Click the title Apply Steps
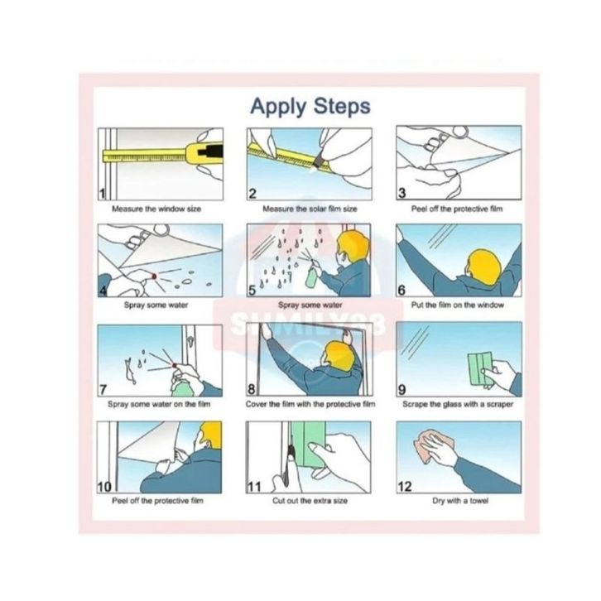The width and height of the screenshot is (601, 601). pyautogui.click(x=310, y=107)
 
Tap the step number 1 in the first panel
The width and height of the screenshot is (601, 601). pyautogui.click(x=102, y=194)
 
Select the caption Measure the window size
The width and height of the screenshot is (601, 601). pyautogui.click(x=156, y=209)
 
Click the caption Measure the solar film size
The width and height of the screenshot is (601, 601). pyautogui.click(x=310, y=209)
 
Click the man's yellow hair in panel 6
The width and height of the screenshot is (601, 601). pyautogui.click(x=486, y=267)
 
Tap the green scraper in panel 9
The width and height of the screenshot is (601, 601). pyautogui.click(x=481, y=368)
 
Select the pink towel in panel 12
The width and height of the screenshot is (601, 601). pyautogui.click(x=433, y=446)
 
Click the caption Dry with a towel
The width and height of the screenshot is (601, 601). pyautogui.click(x=460, y=501)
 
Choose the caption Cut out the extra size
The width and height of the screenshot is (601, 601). pyautogui.click(x=310, y=501)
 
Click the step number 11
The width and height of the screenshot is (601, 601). pyautogui.click(x=254, y=487)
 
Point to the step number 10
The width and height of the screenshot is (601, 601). pyautogui.click(x=104, y=487)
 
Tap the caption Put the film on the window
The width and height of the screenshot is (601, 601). pyautogui.click(x=458, y=305)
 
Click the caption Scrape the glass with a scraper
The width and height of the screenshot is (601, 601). pyautogui.click(x=458, y=404)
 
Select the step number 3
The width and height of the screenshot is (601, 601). pyautogui.click(x=401, y=193)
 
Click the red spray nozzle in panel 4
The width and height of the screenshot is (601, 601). pyautogui.click(x=154, y=276)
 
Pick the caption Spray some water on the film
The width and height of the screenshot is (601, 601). pyautogui.click(x=159, y=404)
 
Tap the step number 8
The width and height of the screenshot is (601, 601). pyautogui.click(x=252, y=389)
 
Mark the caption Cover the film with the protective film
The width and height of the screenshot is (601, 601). pyautogui.click(x=310, y=404)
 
